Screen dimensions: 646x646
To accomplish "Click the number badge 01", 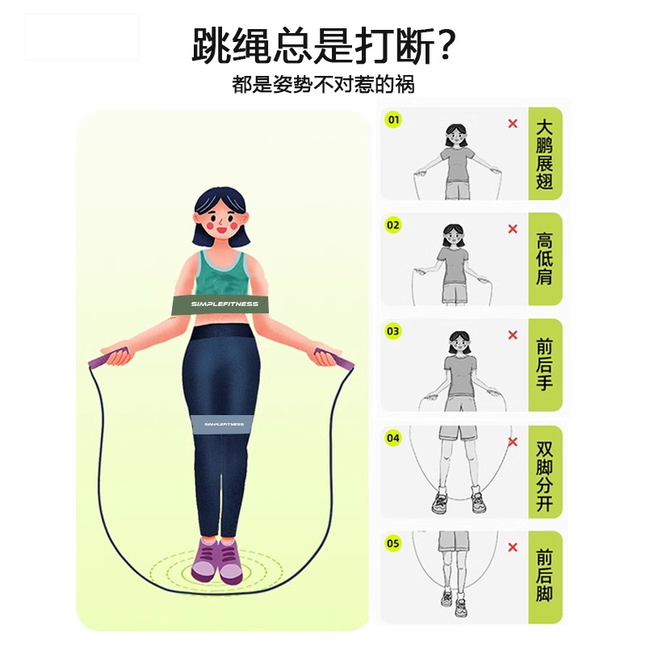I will pos(394,121).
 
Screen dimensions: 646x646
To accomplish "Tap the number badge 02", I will pos(393,225).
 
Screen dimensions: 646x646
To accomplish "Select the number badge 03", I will pos(393,331).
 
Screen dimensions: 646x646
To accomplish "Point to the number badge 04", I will pos(393,438).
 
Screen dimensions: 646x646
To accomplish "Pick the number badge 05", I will pos(393,543).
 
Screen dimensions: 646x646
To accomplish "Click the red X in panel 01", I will pos(512,124).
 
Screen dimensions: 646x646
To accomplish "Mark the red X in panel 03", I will pos(512,335).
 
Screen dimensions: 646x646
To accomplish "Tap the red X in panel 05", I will pos(512,547).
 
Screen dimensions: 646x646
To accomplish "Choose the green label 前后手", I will pos(545,366).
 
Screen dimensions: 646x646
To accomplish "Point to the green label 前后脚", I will pos(545,577).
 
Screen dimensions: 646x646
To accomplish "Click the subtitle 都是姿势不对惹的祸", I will pos(323,84).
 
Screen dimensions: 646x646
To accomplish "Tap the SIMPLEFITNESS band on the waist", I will pos(226,304).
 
